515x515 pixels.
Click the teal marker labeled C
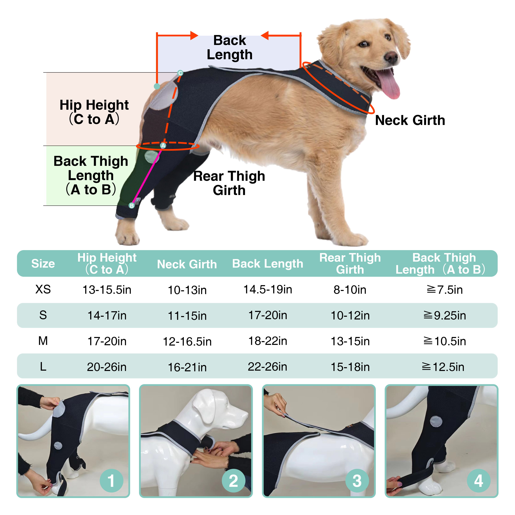click(180, 73)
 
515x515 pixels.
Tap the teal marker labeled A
click(163, 146)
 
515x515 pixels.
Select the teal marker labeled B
click(131, 205)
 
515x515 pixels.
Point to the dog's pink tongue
click(389, 84)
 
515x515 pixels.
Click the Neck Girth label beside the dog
click(410, 120)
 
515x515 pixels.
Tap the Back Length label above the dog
click(230, 48)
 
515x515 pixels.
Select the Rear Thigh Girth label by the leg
click(229, 183)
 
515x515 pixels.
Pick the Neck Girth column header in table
click(187, 264)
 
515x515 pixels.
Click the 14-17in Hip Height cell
click(107, 315)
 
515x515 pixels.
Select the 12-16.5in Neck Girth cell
click(187, 341)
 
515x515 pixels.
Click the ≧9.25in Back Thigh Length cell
click(444, 315)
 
